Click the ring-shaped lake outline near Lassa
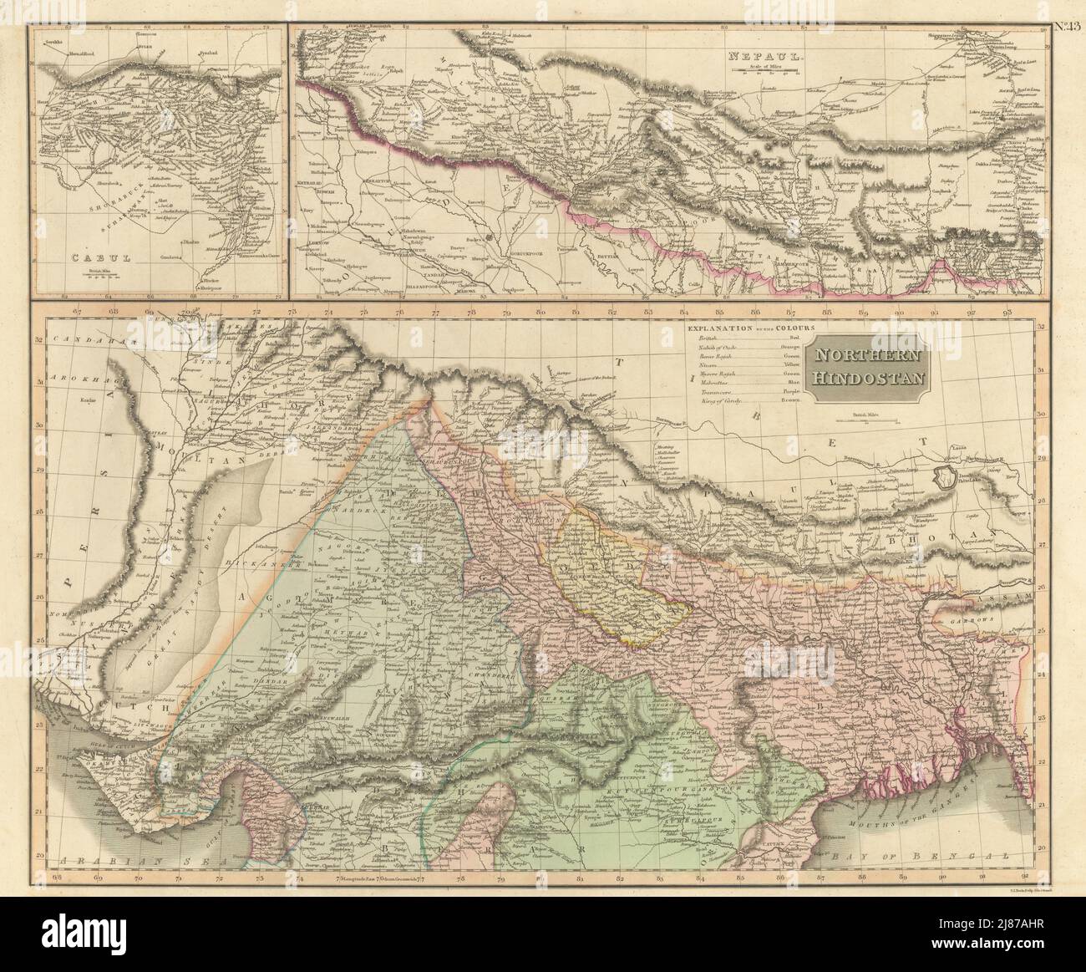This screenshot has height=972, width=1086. click(946, 479)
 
